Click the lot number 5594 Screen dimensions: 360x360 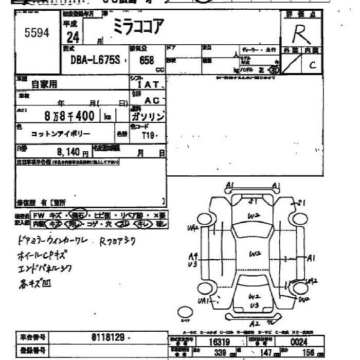click(37, 33)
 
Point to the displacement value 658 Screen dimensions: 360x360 click(146, 60)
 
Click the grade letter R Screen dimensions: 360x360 click(299, 34)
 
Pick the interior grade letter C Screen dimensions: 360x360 click(312, 64)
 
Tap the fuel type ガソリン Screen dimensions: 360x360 click(148, 117)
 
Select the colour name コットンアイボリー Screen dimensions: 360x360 click(61, 134)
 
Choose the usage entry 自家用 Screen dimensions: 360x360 click(45, 84)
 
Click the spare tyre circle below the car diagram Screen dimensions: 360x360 click(184, 312)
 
